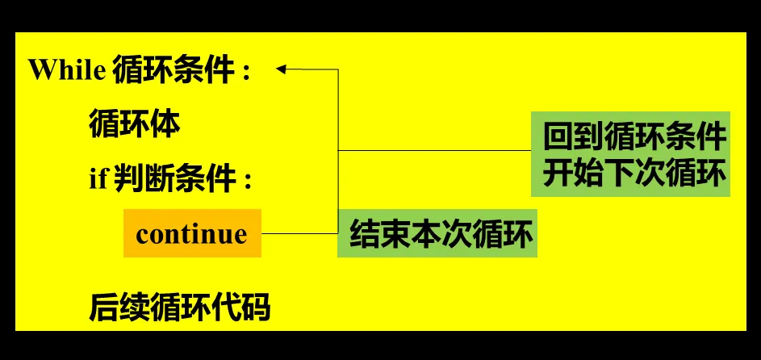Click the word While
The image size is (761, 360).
pyautogui.click(x=67, y=70)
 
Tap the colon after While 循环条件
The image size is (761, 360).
pyautogui.click(x=246, y=73)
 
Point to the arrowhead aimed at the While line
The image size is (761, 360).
pyautogui.click(x=282, y=69)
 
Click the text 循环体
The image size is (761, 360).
pyautogui.click(x=134, y=124)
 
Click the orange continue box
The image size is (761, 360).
pyautogui.click(x=192, y=233)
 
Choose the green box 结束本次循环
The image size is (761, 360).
pyautogui.click(x=437, y=234)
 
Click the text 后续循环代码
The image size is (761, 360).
pyautogui.click(x=179, y=308)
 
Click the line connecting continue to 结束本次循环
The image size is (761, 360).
pyautogui.click(x=299, y=234)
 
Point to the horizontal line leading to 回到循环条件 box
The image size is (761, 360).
pyautogui.click(x=436, y=151)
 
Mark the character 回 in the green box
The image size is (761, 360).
pyautogui.click(x=558, y=137)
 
